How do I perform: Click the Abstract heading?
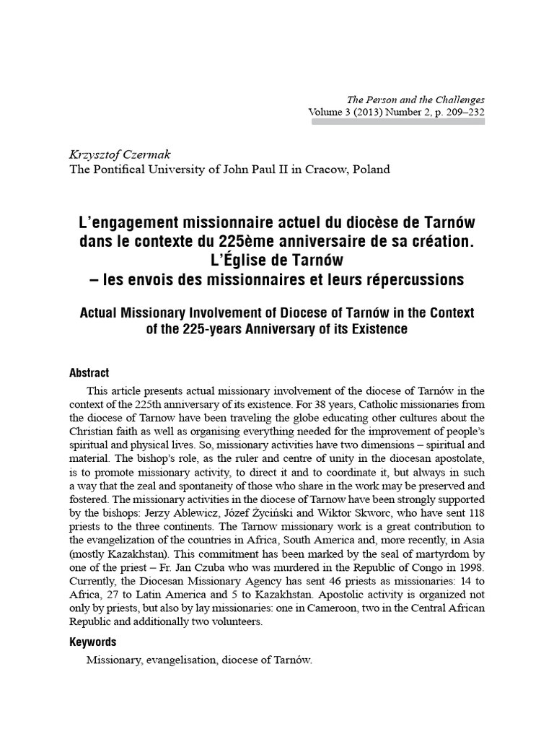89,373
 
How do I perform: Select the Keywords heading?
92,642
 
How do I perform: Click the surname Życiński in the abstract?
277,513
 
